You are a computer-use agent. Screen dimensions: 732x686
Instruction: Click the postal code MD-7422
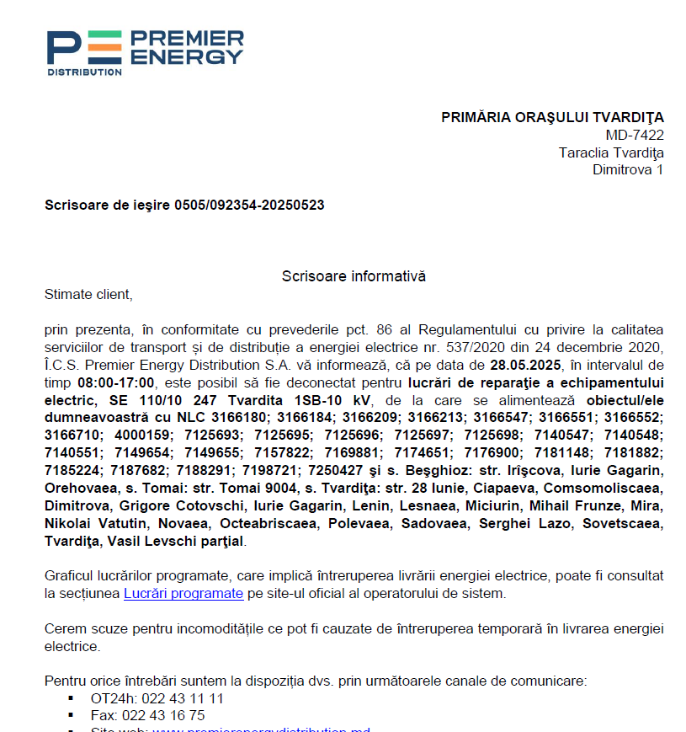(x=635, y=135)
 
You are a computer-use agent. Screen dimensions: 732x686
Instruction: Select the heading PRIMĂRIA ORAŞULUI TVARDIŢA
(x=552, y=117)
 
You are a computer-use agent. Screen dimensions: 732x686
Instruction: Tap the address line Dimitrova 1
(x=628, y=170)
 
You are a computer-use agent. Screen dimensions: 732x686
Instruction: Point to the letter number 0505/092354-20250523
(x=249, y=205)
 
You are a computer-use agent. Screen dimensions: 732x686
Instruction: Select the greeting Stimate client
(x=88, y=294)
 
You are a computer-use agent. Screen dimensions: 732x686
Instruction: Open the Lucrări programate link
(x=183, y=593)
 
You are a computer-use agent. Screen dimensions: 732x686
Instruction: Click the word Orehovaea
(x=77, y=488)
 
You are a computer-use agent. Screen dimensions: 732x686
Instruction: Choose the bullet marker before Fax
(x=71, y=715)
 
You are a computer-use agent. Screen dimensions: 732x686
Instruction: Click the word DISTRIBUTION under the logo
(x=84, y=72)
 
